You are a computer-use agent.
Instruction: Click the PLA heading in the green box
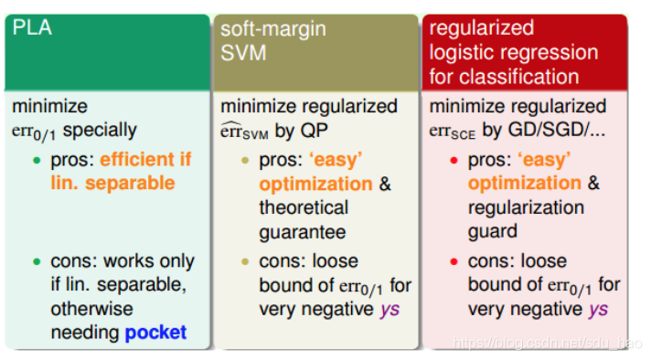(x=32, y=27)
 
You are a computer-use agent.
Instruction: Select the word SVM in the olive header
(x=243, y=53)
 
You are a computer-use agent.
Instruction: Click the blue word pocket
(x=155, y=333)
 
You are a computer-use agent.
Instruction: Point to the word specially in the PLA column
(x=100, y=131)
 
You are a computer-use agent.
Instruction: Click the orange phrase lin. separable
(x=113, y=184)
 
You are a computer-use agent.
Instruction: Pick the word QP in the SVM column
(x=315, y=131)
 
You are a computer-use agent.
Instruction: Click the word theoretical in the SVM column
(x=304, y=207)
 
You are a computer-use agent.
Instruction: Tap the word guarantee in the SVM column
(x=303, y=232)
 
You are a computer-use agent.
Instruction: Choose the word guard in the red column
(x=493, y=231)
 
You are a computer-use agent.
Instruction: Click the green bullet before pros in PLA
(x=37, y=160)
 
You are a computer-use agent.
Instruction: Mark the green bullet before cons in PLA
(x=37, y=261)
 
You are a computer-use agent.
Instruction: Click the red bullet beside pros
(x=454, y=160)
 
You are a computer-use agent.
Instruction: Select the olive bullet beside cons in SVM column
(x=245, y=261)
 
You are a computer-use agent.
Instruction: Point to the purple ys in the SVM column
(x=390, y=311)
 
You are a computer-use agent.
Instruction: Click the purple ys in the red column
(x=598, y=311)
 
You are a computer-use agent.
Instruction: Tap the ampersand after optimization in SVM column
(x=385, y=184)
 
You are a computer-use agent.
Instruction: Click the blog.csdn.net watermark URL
(x=547, y=343)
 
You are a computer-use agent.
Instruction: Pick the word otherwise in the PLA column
(x=91, y=309)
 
